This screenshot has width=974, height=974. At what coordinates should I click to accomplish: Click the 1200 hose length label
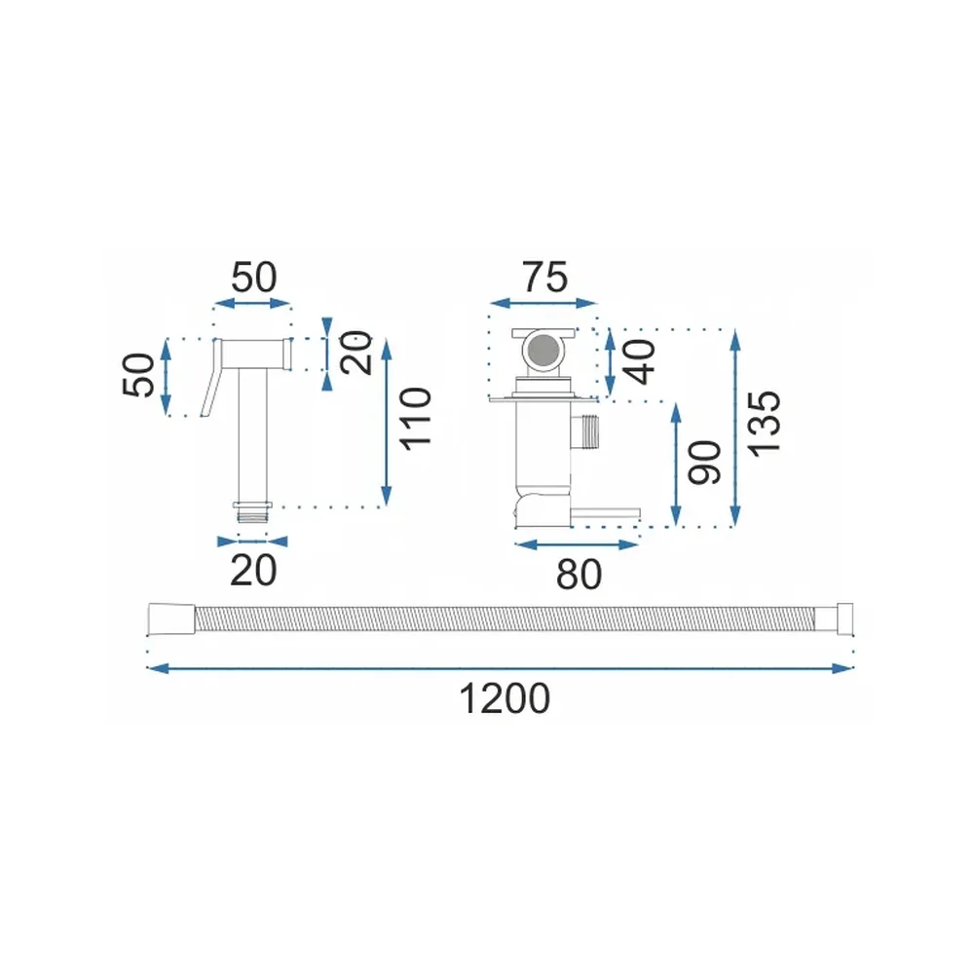coord(505,698)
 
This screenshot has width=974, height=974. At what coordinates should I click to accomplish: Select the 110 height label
coord(416,419)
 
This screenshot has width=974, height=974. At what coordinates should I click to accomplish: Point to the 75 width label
coord(544,277)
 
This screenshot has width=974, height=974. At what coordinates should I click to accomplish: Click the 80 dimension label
coord(579,575)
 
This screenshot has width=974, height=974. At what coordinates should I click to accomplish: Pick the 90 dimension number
coord(705,462)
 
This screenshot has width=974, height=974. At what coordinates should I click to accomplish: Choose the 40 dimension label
coord(640,362)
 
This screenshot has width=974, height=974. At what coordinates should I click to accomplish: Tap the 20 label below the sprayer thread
coord(253,570)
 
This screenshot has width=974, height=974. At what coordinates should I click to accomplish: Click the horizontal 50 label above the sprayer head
coord(253,277)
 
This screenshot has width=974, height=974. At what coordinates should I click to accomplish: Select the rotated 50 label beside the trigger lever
coord(139,375)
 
